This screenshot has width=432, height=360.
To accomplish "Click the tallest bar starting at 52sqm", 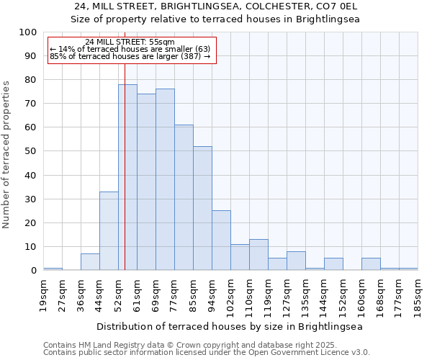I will tap(127, 177).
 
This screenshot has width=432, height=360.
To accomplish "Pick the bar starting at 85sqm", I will tap(202, 208).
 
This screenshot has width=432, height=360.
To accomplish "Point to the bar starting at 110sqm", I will tap(258, 255).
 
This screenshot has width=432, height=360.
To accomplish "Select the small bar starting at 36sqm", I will tap(90, 262).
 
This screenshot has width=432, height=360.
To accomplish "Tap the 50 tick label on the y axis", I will tap(30, 151).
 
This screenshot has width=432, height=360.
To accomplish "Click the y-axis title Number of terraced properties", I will tap(6, 154).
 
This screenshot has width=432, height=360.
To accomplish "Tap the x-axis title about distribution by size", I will tap(230, 326).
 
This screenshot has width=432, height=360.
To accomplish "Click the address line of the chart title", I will tap(215, 6).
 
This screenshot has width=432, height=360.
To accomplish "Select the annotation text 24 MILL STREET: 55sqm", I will tap(130, 42).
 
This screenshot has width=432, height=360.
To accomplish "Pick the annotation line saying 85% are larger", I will tap(130, 56).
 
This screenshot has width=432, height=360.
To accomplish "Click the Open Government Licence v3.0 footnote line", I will tap(207, 352).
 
